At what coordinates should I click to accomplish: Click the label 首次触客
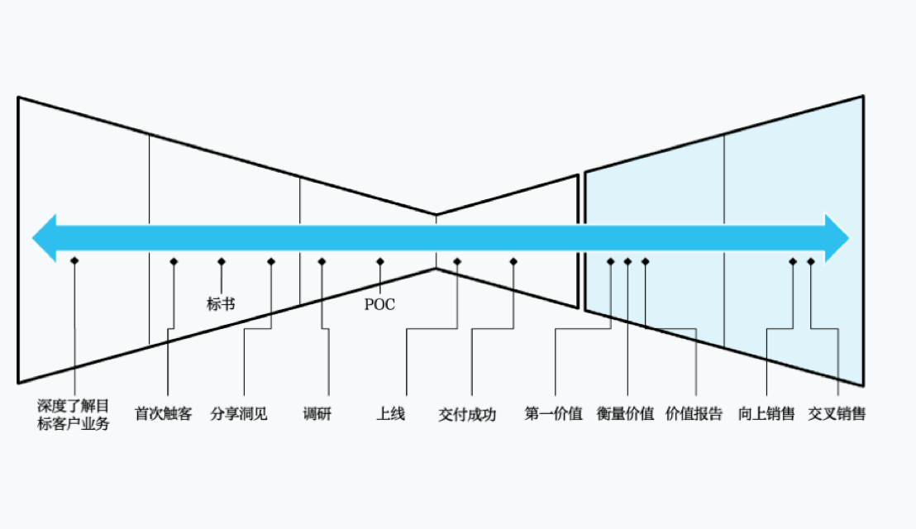[x=164, y=414]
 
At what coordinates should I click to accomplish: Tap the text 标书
[x=221, y=303]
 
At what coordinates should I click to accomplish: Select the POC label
[x=380, y=304]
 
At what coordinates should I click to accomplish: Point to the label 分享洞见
[x=239, y=414]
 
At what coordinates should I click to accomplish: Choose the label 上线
[x=391, y=414]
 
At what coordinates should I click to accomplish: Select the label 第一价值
[x=554, y=414]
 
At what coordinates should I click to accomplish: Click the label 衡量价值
[x=626, y=414]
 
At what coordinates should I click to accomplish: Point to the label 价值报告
[x=694, y=414]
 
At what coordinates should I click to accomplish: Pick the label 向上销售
[x=766, y=414]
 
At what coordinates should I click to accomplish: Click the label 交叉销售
[x=837, y=414]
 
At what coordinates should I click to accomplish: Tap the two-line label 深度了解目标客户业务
[x=74, y=415]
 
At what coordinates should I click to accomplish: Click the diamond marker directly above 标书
[x=222, y=261]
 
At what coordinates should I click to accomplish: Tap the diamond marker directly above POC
[x=380, y=261]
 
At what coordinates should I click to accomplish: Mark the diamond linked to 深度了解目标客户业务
[x=74, y=261]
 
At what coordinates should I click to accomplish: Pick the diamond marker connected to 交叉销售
[x=811, y=261]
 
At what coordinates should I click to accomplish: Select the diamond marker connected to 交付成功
[x=513, y=261]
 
